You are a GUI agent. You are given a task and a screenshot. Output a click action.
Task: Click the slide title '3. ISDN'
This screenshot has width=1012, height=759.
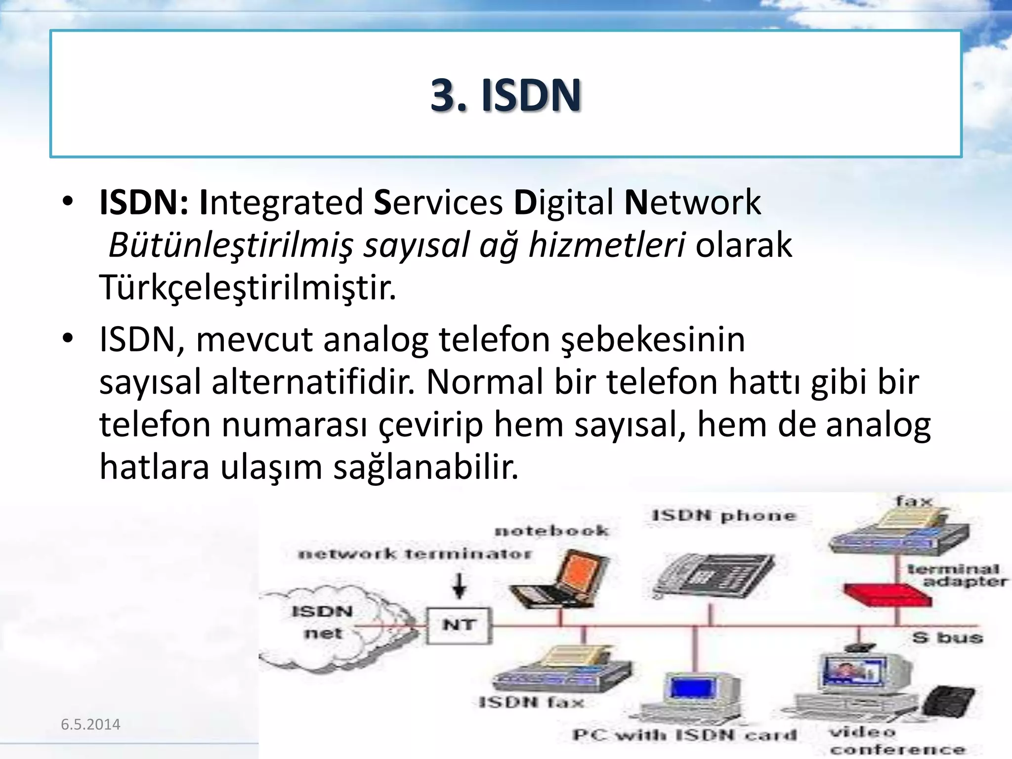coord(506,95)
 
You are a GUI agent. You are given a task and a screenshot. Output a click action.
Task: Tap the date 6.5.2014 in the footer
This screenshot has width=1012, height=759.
coord(90,724)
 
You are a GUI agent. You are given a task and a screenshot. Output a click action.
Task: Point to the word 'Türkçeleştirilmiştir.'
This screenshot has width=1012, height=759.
coord(248,288)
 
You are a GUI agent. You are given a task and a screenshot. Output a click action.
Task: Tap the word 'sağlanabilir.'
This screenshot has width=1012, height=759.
coord(425,467)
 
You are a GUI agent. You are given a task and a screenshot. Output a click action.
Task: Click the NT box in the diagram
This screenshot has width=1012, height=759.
coord(459,625)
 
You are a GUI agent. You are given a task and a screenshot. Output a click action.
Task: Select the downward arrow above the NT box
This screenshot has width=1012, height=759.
coord(460,586)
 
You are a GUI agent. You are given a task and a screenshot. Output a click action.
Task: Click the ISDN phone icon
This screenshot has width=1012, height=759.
coord(714,576)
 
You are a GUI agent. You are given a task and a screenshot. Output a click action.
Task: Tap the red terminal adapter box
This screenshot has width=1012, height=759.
coord(887,595)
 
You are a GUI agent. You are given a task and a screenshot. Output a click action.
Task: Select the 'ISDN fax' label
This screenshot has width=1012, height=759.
coord(531,702)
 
